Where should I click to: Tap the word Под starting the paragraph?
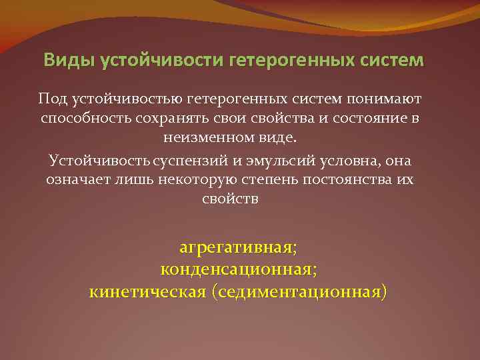pos(54,99)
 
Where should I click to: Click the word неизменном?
pos(199,139)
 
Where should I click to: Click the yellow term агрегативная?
pos(237,248)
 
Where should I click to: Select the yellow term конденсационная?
pos(237,269)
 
